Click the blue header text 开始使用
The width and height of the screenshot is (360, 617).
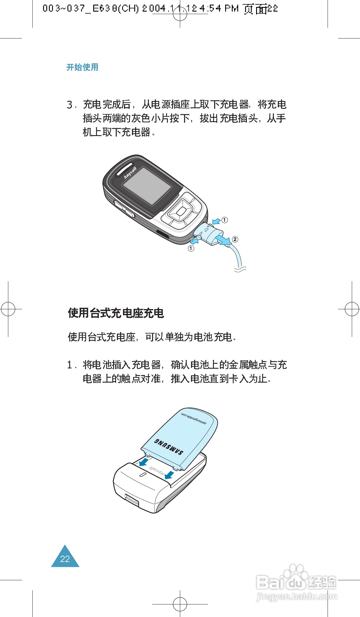[x=82, y=67]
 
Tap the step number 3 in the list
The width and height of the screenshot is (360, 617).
[x=70, y=105]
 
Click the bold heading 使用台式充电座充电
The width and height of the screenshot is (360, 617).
[x=116, y=313]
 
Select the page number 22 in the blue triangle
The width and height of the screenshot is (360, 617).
[x=65, y=559]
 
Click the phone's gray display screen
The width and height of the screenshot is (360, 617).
[x=147, y=186]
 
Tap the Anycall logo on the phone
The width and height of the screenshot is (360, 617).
[x=130, y=173]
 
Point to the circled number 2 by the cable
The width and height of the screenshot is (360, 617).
[x=235, y=239]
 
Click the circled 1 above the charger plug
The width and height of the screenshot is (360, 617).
[x=225, y=220]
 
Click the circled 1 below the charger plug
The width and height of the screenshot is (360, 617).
[x=191, y=248]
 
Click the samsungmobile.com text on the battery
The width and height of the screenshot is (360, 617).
[x=194, y=418]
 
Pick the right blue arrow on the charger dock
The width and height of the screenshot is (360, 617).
[x=169, y=475]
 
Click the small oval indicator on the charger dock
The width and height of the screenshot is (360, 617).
[x=142, y=475]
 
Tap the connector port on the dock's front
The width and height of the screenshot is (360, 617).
[x=132, y=500]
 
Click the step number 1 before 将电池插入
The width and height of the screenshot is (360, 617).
[x=70, y=365]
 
